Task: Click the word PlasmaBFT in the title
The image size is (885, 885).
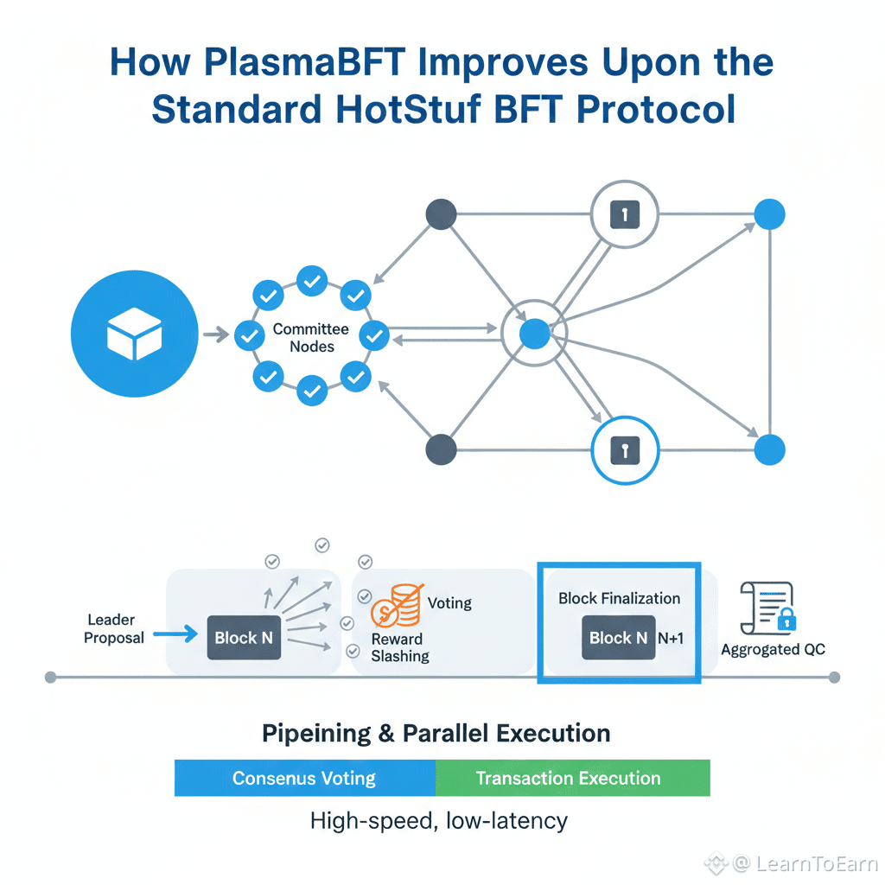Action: [304, 62]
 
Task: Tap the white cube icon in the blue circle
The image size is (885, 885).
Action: [134, 334]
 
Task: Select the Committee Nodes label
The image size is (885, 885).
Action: [311, 338]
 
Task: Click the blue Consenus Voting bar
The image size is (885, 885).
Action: [305, 778]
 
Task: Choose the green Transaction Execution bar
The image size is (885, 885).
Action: [573, 778]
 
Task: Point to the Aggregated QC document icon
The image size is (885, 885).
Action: [768, 608]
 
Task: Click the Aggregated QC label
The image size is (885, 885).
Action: [773, 650]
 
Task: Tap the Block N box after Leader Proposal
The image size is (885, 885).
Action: [244, 637]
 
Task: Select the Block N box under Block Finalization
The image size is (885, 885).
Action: [619, 637]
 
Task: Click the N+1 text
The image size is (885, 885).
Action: [671, 638]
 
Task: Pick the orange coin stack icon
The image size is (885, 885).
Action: [398, 606]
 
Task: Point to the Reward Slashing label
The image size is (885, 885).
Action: [400, 647]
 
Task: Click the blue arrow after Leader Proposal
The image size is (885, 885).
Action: [175, 634]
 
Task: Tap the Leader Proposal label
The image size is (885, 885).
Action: [113, 629]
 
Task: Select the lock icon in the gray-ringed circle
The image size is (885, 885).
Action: [625, 214]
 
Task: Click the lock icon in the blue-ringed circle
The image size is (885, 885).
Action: [625, 450]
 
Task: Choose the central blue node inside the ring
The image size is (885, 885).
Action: [534, 334]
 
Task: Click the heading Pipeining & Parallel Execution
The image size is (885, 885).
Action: [436, 733]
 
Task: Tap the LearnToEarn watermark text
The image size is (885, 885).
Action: [817, 863]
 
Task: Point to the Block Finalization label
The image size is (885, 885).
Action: [619, 598]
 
